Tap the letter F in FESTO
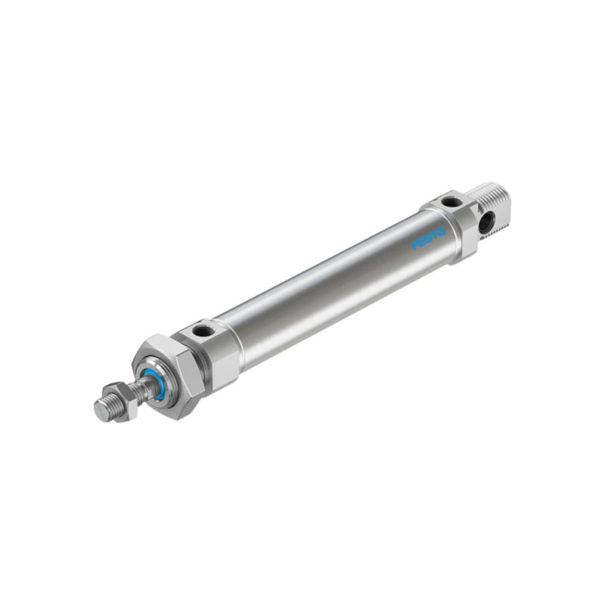(x=415, y=247)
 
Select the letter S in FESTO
(x=428, y=241)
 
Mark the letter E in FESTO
(x=421, y=244)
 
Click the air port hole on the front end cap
(x=202, y=330)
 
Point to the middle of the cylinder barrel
(x=333, y=284)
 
